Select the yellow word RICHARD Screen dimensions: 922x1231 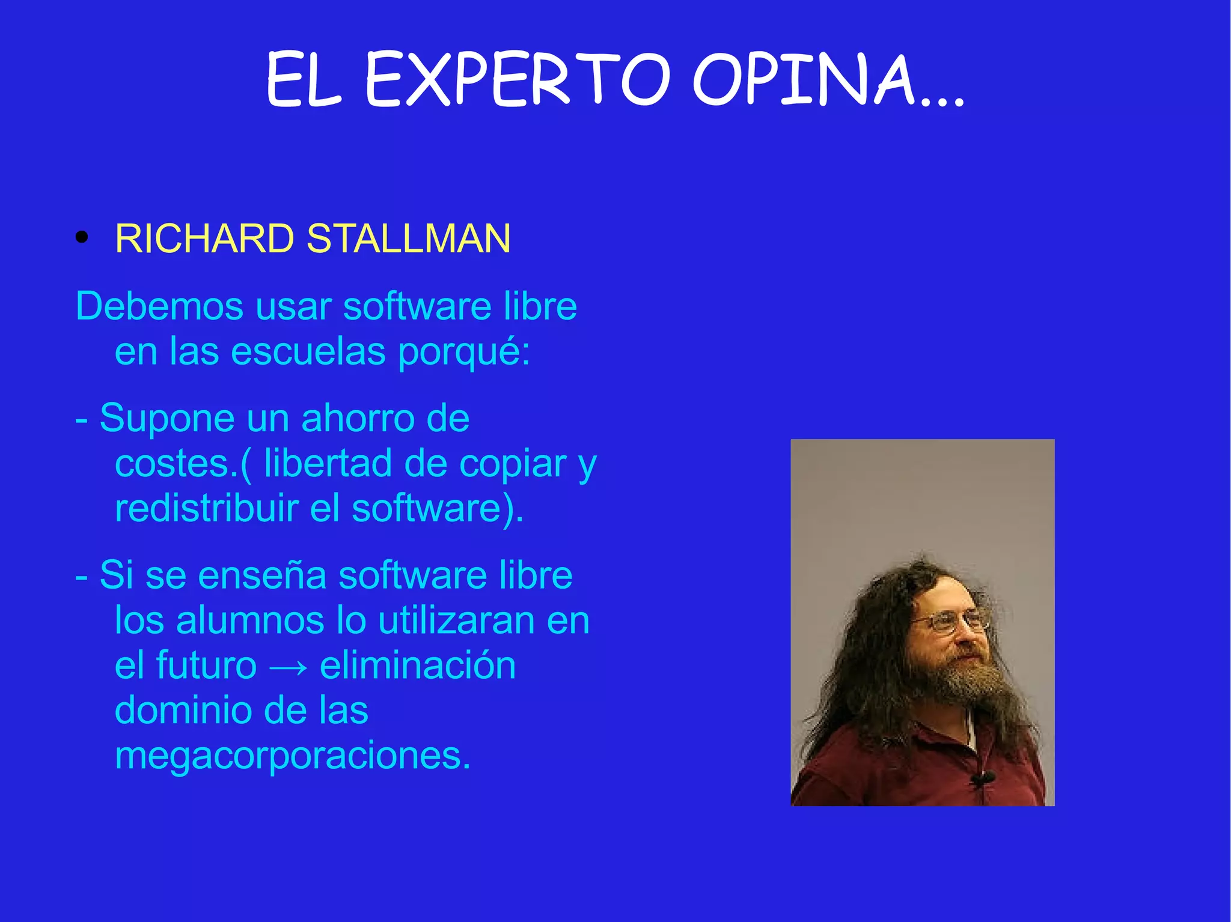(x=204, y=239)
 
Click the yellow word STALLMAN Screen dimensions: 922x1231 (x=409, y=239)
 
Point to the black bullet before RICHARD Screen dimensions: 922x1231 (x=82, y=238)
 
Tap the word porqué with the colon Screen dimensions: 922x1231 (x=464, y=353)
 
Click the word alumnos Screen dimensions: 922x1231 (x=249, y=620)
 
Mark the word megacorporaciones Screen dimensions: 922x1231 (x=293, y=757)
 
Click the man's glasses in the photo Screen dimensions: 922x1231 (x=950, y=622)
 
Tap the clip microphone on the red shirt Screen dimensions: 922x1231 (x=983, y=780)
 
